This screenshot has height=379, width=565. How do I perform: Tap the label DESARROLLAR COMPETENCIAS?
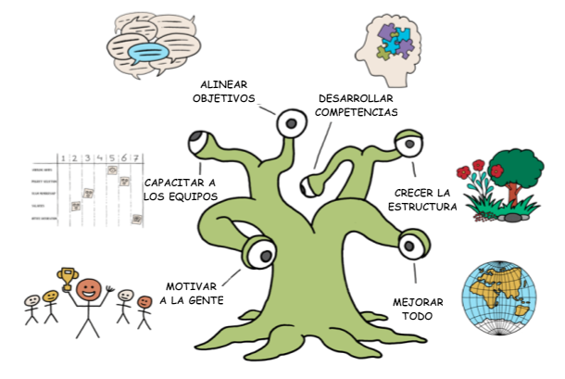(357, 105)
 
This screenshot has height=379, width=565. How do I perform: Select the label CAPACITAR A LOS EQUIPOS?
(181, 189)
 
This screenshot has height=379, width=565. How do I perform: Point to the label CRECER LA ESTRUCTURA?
(421, 199)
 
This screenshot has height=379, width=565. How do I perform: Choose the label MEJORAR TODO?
(415, 310)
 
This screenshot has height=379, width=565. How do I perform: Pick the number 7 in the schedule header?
(135, 157)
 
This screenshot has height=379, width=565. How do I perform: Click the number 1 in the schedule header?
(61, 158)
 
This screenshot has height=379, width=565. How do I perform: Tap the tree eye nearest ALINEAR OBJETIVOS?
(292, 122)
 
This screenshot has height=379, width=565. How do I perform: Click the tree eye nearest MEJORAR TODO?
(409, 247)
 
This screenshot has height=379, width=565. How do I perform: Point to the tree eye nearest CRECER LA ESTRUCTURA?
(408, 145)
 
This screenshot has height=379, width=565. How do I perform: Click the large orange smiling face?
(89, 293)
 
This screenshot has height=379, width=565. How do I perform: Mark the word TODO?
(415, 318)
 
